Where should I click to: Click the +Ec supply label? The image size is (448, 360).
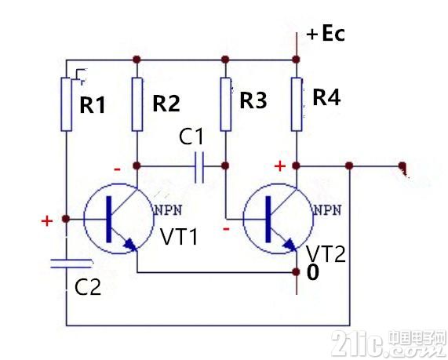point(326,34)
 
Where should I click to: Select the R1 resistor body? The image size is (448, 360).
point(67,104)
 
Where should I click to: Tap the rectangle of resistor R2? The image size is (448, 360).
point(137,104)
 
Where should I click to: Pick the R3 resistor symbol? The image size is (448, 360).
point(226,104)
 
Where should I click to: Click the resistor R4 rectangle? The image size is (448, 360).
point(297,104)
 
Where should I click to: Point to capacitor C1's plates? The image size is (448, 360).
point(199,167)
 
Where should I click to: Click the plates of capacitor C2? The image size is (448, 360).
point(71,264)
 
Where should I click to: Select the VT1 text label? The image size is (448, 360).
point(179,237)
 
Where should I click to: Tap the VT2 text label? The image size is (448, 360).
point(326,253)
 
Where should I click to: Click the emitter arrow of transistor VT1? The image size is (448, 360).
point(130,245)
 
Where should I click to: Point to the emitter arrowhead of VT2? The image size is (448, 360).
point(290,245)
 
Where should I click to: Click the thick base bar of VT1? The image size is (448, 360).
point(109,219)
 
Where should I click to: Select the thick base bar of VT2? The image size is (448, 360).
point(268,219)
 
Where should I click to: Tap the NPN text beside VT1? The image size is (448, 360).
point(168,210)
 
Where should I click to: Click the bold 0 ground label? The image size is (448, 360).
point(312,272)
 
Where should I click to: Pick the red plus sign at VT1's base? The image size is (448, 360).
point(47,221)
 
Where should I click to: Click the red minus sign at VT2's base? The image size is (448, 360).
point(226,229)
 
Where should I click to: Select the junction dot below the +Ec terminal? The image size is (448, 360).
point(297,60)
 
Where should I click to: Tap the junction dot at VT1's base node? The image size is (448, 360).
point(66,219)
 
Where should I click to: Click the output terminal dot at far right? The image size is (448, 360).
point(402,165)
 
